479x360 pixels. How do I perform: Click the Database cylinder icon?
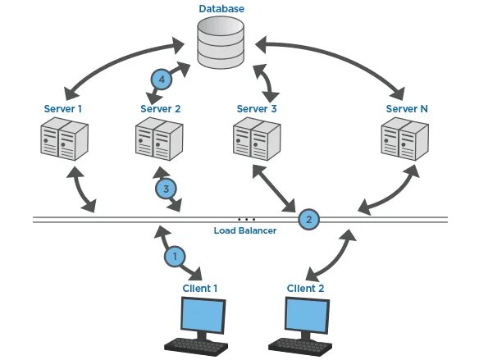(x=221, y=46)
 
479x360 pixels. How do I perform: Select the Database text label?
(x=221, y=9)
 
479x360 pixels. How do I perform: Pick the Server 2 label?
(x=160, y=109)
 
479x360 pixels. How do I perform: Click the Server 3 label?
(x=257, y=109)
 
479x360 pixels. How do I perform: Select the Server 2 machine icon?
(x=157, y=139)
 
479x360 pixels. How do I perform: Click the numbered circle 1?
(x=174, y=257)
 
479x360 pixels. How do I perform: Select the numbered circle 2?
(x=308, y=219)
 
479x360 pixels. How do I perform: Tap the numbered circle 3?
(x=167, y=189)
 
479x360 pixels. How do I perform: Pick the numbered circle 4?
(x=162, y=80)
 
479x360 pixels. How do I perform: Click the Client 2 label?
(x=306, y=288)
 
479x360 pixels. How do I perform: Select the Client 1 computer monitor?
(x=203, y=316)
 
